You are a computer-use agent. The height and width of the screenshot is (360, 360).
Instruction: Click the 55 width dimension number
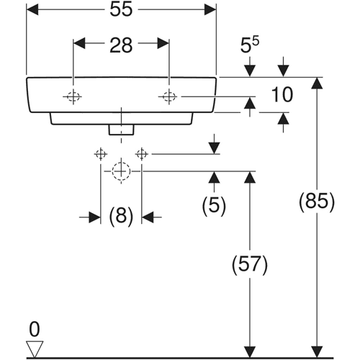pos(121,10)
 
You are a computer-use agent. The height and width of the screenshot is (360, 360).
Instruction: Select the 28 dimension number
pos(121,45)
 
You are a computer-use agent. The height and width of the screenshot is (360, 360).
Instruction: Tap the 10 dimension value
pos(282,94)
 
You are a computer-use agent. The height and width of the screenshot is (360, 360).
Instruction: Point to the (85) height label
pos(317,202)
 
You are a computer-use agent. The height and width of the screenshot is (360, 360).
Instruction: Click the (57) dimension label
pos(250,265)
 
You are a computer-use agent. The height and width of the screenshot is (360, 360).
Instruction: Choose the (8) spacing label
pos(121,216)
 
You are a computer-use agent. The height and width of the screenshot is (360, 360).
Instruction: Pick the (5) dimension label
pos(214,205)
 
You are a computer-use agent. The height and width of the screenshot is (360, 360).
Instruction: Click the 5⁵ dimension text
pos(250,45)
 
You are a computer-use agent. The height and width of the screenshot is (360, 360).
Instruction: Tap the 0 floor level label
pos(35,329)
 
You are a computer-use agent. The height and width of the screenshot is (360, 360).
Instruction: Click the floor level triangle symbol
pos(35,349)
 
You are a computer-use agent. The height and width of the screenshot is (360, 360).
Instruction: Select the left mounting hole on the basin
pos(73,96)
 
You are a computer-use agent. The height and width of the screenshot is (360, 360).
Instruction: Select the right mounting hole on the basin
pos(168,96)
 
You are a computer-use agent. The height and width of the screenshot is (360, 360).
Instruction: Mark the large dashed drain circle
pos(121,171)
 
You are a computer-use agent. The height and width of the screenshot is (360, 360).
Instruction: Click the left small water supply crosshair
pos(101,154)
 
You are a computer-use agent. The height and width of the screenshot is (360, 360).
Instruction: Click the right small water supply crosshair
pos(142,154)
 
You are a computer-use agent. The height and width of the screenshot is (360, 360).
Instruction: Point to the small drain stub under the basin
pos(121,130)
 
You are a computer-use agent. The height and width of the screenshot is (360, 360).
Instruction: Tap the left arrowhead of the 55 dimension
pos(32,9)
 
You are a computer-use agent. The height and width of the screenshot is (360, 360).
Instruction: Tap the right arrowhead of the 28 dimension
pos(163,43)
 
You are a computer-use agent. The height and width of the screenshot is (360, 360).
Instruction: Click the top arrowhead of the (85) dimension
pos(317,83)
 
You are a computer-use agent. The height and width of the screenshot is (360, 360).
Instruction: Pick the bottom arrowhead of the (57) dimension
pos(250,351)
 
